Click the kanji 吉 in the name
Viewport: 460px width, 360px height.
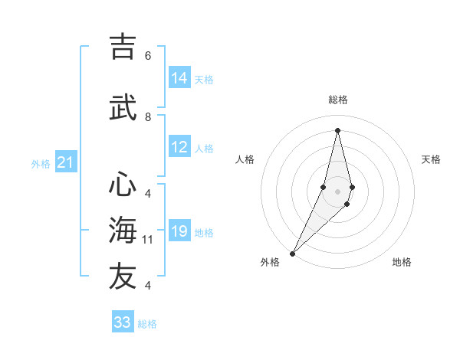pos(123,47)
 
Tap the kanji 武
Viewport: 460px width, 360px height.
pos(123,109)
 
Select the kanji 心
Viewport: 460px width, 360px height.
pos(123,185)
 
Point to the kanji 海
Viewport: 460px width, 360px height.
pos(123,230)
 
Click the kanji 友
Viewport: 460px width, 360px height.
pos(123,276)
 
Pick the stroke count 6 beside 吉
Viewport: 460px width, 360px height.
pos(148,56)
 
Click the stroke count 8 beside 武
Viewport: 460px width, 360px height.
pos(148,117)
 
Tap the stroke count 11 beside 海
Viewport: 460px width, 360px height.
pos(148,240)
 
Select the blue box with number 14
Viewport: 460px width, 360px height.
pos(179,78)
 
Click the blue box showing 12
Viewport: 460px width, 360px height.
pos(179,147)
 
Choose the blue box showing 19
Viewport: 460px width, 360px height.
pos(179,231)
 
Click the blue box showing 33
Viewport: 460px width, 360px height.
pos(123,322)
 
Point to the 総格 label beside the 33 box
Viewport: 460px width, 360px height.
pos(147,324)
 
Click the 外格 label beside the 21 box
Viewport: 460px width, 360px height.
pos(41,163)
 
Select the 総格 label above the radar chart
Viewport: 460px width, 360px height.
pos(338,100)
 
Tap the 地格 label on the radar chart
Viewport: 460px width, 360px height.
pos(402,262)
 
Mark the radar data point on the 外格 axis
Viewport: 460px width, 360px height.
pos(292,253)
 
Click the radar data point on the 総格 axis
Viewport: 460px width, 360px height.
pos(337,130)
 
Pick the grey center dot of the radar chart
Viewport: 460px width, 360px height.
pos(337,191)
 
